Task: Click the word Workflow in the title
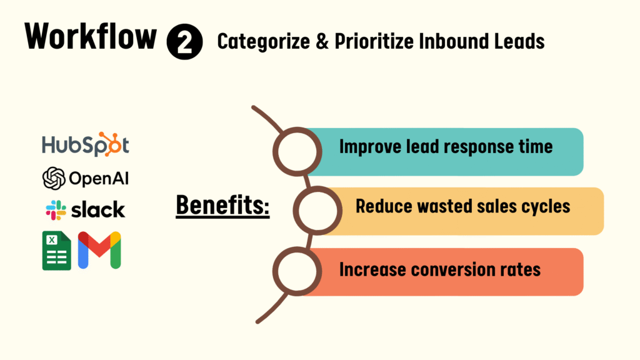(x=91, y=37)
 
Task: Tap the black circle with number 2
(x=184, y=42)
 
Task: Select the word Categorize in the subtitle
(x=264, y=42)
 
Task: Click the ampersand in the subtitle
(x=322, y=42)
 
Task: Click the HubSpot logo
(x=86, y=144)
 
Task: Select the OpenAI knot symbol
(x=54, y=178)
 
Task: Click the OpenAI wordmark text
(x=99, y=178)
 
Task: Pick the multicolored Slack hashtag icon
(x=56, y=210)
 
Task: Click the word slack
(x=98, y=210)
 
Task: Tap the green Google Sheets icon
(x=57, y=251)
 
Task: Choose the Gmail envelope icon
(x=99, y=250)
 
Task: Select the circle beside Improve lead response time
(x=297, y=151)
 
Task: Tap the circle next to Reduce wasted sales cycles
(x=317, y=211)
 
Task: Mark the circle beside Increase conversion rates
(x=297, y=271)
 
